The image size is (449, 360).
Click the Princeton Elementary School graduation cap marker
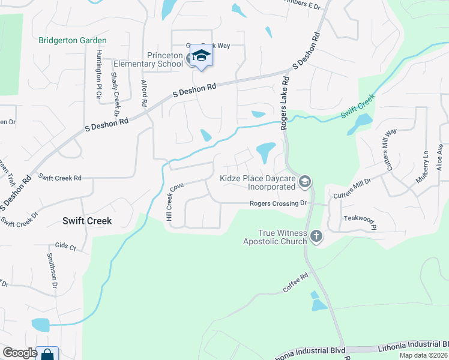tap(202, 56)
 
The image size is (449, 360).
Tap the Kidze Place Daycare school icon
tap(305, 181)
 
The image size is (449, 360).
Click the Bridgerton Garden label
tap(72, 41)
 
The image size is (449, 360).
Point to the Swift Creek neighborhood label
tap(87, 221)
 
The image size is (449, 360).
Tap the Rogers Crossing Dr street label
tap(279, 203)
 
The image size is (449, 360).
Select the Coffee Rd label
tap(295, 284)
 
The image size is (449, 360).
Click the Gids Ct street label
tap(65, 247)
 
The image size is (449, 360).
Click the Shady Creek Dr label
tap(114, 94)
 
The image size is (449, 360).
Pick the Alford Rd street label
tap(144, 94)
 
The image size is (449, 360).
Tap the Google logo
tap(20, 353)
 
